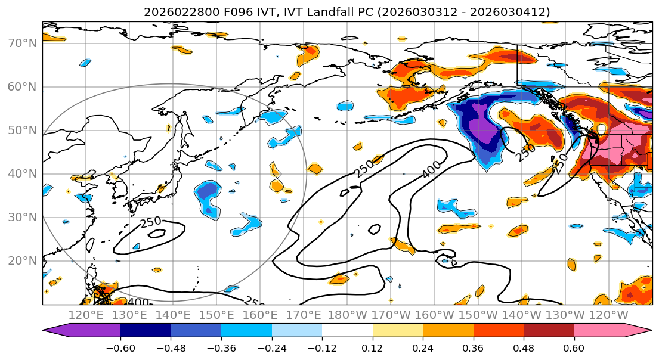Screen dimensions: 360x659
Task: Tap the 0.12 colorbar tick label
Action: [x=373, y=346]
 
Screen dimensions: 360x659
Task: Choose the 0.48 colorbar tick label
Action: [x=524, y=346]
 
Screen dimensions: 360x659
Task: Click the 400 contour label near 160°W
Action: [x=432, y=169]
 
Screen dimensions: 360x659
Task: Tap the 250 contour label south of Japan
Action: [x=151, y=222]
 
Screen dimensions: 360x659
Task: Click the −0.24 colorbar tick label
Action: [x=271, y=346]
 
